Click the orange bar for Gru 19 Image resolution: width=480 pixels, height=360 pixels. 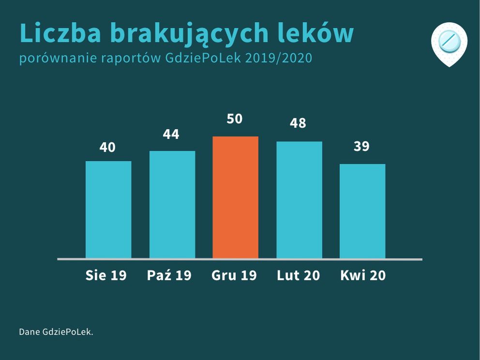[235, 197]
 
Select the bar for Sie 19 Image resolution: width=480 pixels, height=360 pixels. [108, 210]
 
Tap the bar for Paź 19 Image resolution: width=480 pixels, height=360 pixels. [172, 205]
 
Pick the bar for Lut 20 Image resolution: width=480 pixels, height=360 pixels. [299, 200]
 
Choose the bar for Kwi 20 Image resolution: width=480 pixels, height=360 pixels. [362, 211]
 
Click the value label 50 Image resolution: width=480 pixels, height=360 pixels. [235, 119]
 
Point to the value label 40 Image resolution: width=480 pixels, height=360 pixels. [107, 147]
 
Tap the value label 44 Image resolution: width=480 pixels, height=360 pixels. [171, 134]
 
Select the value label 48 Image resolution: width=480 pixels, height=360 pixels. [298, 123]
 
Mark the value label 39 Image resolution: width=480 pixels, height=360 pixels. [361, 146]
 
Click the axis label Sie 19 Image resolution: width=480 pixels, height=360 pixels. [106, 275]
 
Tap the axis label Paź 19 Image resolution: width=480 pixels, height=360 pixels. [169, 275]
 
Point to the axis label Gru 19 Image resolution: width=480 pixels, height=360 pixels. [234, 275]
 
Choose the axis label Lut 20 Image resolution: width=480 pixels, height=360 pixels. [299, 275]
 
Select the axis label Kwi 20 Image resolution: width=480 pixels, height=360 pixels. [363, 275]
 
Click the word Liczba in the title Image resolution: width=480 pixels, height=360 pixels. [60, 33]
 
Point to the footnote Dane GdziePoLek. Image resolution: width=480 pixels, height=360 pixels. [56, 332]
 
